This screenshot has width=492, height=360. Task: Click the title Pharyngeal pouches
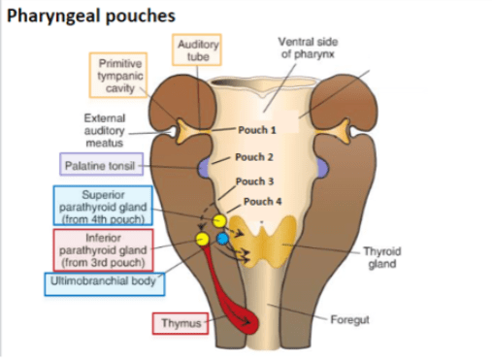(91, 16)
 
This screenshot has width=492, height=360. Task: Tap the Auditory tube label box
(197, 49)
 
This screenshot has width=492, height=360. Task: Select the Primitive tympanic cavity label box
(118, 76)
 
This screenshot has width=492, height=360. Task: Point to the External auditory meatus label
(104, 130)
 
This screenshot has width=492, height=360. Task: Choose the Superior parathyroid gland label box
(103, 206)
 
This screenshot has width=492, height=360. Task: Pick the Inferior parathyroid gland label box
(103, 250)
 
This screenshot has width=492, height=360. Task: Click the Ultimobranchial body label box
(105, 284)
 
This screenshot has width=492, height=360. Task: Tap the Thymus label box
(180, 323)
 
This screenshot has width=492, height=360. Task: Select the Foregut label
(349, 319)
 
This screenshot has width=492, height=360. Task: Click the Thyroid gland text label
(382, 257)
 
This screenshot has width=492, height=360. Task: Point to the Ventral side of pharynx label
(308, 48)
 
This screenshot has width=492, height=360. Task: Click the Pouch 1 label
(257, 130)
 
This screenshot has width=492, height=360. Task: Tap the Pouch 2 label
(254, 157)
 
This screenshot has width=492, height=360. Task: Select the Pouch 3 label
(254, 181)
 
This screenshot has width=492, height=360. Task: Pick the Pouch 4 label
(262, 202)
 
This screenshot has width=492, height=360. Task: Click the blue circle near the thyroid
(222, 239)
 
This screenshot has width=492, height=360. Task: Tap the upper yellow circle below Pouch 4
(219, 221)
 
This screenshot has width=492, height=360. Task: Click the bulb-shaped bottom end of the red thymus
(248, 322)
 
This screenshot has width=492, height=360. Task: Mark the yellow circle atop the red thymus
(203, 239)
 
